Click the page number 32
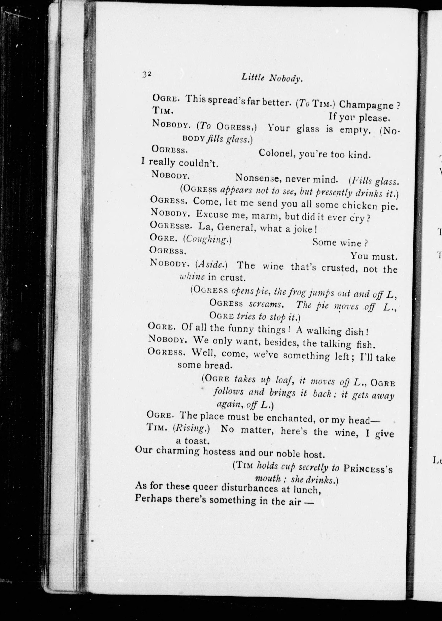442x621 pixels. [x=146, y=74]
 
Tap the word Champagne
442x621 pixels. [x=366, y=105]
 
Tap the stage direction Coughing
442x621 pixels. [x=207, y=239]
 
